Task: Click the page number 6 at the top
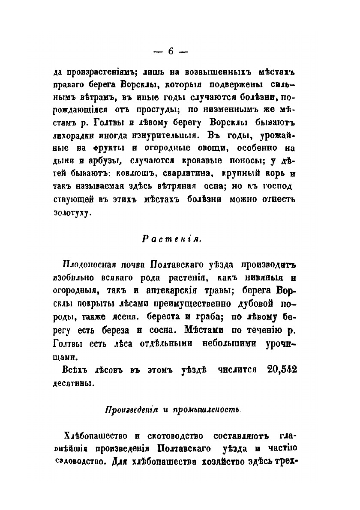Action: [x=171, y=51]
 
